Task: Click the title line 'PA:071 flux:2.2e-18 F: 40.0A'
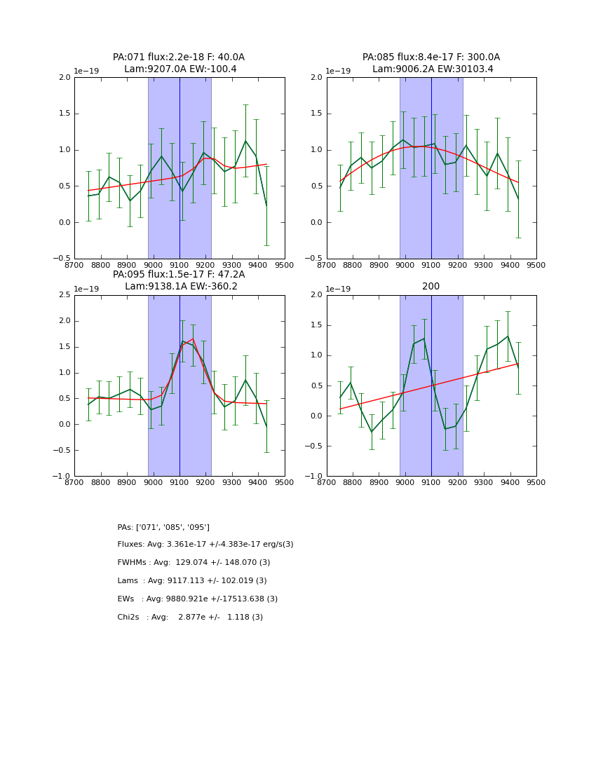pyautogui.click(x=179, y=57)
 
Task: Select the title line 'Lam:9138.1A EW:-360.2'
pyautogui.click(x=181, y=287)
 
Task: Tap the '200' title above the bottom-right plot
pyautogui.click(x=431, y=287)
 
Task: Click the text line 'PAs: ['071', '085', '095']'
pyautogui.click(x=163, y=527)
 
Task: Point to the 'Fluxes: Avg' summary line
pyautogui.click(x=205, y=545)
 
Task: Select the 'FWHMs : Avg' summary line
pyautogui.click(x=194, y=563)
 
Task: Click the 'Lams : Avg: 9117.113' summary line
pyautogui.click(x=192, y=581)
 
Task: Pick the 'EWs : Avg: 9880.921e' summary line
pyautogui.click(x=198, y=599)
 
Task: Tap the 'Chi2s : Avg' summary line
pyautogui.click(x=190, y=618)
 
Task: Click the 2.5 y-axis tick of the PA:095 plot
pyautogui.click(x=64, y=295)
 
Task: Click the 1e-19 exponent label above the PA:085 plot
pyautogui.click(x=339, y=71)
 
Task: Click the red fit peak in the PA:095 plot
pyautogui.click(x=193, y=339)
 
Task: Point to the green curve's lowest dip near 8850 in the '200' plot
pyautogui.click(x=372, y=432)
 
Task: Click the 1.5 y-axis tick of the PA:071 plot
pyautogui.click(x=65, y=114)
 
